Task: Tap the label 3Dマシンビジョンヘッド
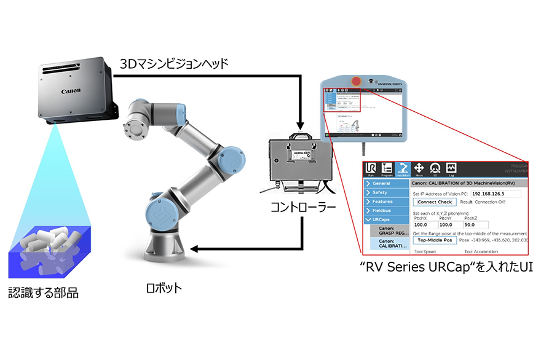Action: point(173,63)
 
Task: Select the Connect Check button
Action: point(435,202)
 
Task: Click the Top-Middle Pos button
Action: point(435,240)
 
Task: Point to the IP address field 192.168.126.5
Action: point(496,194)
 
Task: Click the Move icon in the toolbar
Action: point(419,169)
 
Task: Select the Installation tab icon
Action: point(403,169)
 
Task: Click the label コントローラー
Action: point(303,208)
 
